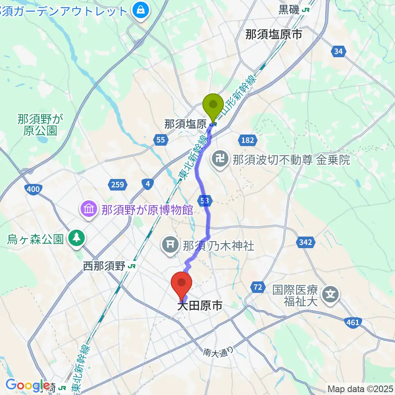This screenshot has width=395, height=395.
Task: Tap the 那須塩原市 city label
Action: point(274,35)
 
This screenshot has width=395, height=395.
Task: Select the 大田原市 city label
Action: point(200,305)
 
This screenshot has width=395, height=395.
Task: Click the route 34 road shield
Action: point(338,51)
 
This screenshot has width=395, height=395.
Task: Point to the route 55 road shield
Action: point(160,140)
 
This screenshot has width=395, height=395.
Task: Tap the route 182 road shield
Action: point(247,140)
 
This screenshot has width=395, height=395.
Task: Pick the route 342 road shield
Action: point(305,242)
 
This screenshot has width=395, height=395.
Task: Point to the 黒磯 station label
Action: point(290,10)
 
